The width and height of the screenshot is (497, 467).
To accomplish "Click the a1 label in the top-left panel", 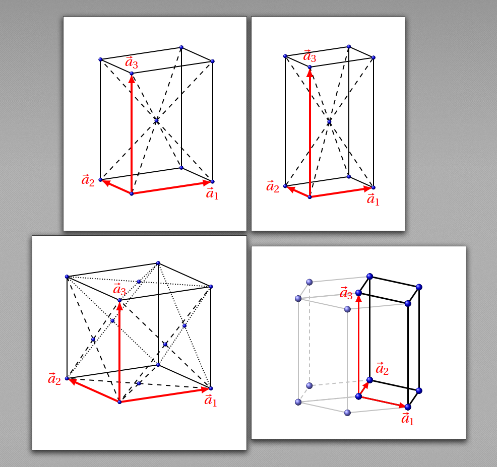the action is [212, 193].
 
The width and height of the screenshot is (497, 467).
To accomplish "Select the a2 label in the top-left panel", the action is [88, 180].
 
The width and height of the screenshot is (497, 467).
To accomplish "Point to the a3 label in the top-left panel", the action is [132, 62].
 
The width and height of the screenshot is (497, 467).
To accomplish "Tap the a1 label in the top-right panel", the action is [373, 199].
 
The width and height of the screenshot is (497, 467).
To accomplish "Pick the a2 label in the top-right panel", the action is [273, 186].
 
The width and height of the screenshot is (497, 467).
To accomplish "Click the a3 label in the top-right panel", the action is [309, 56].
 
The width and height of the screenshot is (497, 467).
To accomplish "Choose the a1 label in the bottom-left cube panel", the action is [211, 400].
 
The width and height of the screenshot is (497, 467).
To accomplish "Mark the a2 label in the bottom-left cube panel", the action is [54, 379].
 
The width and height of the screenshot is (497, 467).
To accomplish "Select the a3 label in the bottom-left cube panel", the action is [119, 289].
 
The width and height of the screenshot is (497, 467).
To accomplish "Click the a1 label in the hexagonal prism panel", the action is [407, 419].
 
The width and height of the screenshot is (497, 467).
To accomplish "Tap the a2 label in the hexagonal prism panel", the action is [382, 369].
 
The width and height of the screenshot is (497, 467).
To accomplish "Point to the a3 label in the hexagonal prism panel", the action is [346, 293].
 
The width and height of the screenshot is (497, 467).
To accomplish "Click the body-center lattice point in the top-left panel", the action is [156, 121].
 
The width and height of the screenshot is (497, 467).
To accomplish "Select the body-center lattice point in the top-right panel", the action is [329, 121].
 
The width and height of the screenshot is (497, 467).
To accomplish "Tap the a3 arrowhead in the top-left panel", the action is [132, 78].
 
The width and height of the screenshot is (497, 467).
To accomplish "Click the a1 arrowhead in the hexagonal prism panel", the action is [403, 405].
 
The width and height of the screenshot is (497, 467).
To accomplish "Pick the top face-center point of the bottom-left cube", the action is [139, 281].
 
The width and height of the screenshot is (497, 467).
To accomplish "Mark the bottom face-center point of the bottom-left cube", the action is [139, 383].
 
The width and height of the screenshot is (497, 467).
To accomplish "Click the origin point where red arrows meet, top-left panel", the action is [132, 193].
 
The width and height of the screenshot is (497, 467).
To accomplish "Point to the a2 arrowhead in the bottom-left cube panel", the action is [73, 381].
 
